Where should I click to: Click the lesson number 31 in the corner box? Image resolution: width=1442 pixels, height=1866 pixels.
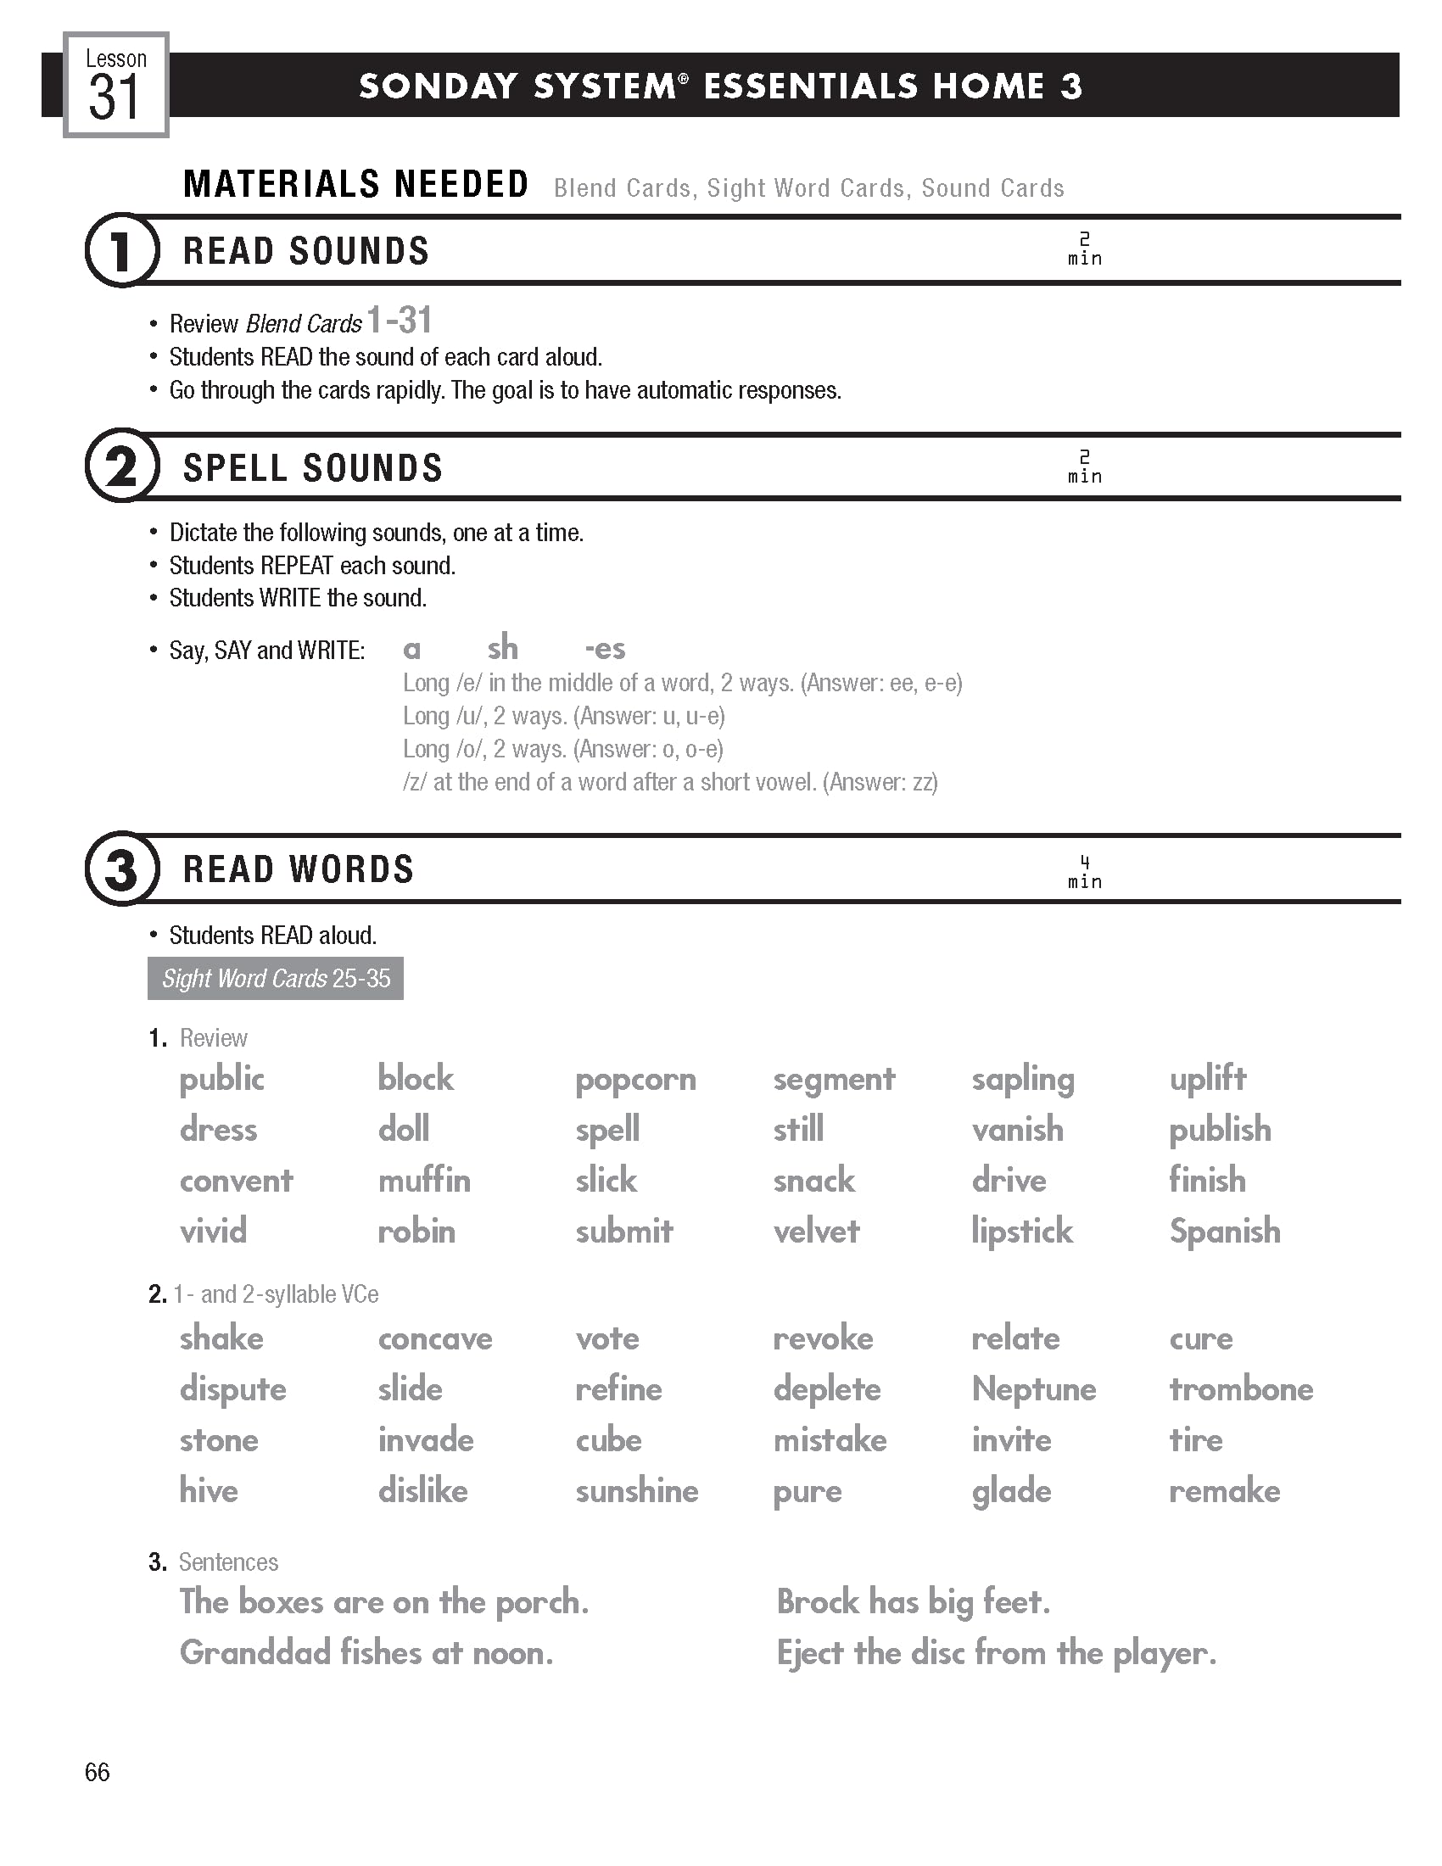click(x=114, y=97)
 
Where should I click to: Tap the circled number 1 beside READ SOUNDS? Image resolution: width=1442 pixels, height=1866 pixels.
click(x=121, y=250)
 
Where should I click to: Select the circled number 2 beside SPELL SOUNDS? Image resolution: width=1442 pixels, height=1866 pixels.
click(x=121, y=466)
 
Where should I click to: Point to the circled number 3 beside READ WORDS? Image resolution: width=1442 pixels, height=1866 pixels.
click(x=121, y=869)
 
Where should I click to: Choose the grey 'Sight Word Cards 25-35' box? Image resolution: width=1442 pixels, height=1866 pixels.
click(x=275, y=978)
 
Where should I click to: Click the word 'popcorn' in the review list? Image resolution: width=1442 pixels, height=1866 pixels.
click(x=635, y=1079)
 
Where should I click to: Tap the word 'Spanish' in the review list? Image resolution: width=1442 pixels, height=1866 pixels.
click(x=1224, y=1232)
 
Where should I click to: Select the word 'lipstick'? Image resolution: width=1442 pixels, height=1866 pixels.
click(x=1022, y=1232)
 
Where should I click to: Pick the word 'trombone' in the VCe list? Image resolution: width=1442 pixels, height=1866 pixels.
click(x=1240, y=1389)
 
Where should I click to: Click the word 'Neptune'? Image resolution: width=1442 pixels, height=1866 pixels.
click(x=1034, y=1389)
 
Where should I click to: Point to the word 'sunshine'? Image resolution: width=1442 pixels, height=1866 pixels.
click(x=636, y=1491)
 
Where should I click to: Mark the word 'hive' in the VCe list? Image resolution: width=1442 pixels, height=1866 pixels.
click(x=209, y=1491)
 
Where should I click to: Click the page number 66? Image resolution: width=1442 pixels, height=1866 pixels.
click(x=98, y=1772)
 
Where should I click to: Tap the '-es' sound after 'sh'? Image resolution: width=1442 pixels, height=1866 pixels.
click(x=605, y=650)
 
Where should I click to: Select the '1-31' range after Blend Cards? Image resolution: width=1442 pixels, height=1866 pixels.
click(x=399, y=321)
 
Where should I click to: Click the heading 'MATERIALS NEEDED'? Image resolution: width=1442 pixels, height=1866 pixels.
click(x=355, y=185)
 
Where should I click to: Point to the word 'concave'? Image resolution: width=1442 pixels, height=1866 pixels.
click(x=435, y=1338)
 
